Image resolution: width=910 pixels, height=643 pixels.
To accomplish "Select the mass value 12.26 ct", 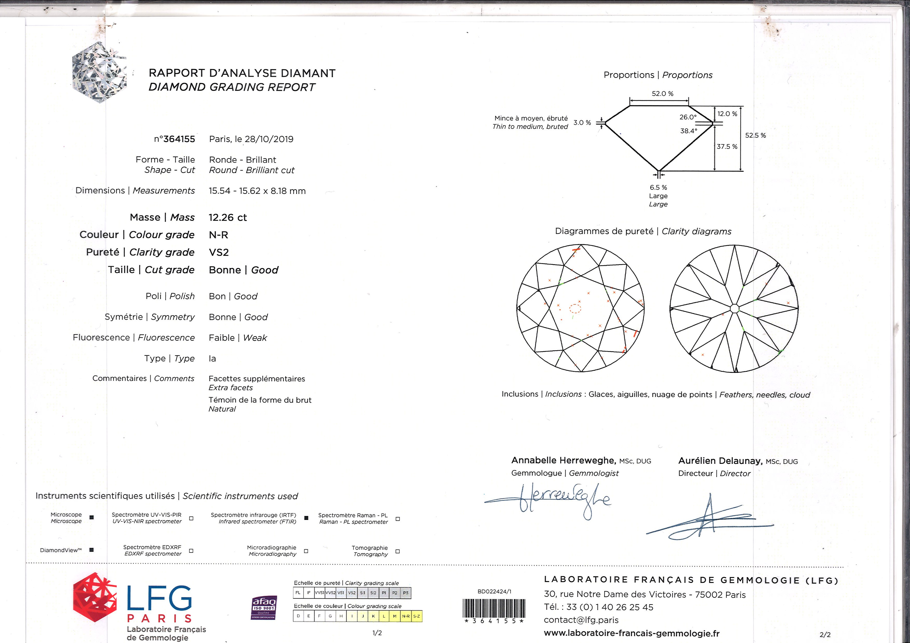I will [228, 217].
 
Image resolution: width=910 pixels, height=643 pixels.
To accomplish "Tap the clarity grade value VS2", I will [218, 252].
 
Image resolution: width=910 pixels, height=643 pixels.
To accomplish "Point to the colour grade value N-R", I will [218, 235].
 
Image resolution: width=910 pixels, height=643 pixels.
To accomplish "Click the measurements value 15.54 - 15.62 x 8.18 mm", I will [257, 191].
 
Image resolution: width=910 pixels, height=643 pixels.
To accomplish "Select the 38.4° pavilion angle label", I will [688, 131].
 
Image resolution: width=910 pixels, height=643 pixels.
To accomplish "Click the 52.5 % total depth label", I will [755, 135].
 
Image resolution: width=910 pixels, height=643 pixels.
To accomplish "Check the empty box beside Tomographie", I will [398, 551].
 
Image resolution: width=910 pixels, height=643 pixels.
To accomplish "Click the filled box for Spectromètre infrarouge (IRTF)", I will [306, 518].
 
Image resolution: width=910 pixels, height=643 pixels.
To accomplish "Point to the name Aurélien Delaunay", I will [720, 461].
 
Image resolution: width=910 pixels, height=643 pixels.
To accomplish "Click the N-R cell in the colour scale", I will [406, 616].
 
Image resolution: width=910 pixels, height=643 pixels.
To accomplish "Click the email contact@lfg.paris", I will [581, 620].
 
